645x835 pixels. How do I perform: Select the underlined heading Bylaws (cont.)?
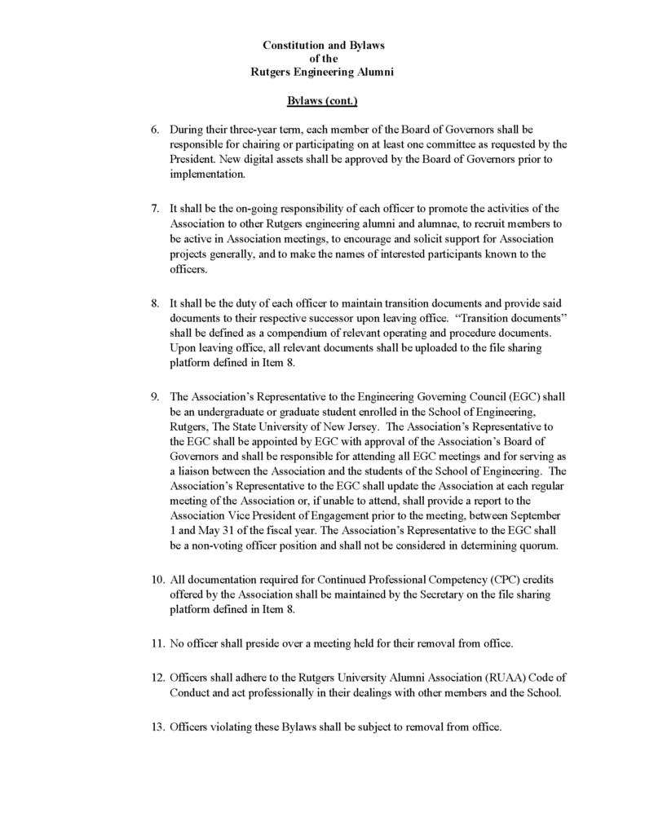(x=322, y=101)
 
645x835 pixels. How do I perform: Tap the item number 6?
(x=155, y=130)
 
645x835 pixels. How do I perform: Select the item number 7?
(x=155, y=209)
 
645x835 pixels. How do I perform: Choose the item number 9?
(x=155, y=397)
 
